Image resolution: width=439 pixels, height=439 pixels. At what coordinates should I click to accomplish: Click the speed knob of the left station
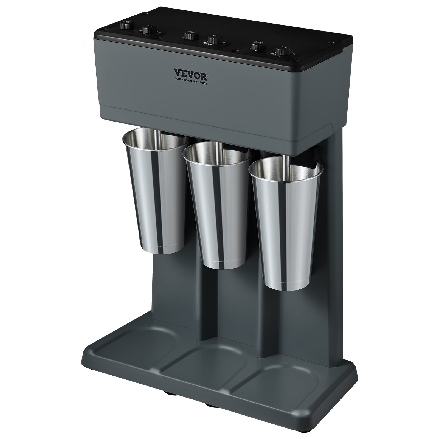126,26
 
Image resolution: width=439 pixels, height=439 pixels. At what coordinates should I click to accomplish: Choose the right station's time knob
281,51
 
